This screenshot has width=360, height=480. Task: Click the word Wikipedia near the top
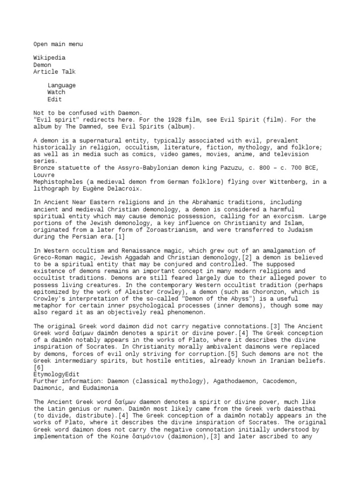pos(49,58)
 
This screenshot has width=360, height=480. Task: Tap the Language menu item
pos(61,85)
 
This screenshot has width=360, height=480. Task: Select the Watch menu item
pos(56,92)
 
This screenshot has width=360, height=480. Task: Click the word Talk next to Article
pos(67,72)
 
